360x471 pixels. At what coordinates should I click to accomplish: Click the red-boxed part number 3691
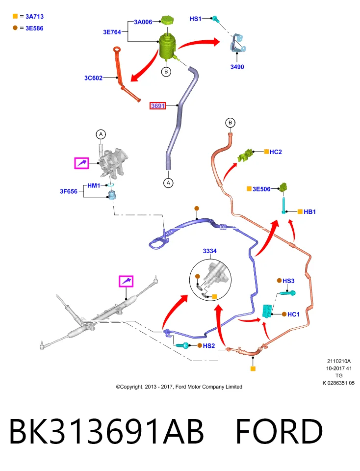(157, 106)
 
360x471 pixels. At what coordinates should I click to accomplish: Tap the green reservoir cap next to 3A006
(167, 20)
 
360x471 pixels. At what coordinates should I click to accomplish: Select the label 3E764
(112, 32)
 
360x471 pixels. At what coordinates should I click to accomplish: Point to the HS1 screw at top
(216, 19)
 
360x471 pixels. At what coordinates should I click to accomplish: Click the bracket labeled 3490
(238, 43)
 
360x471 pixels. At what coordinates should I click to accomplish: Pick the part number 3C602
(93, 78)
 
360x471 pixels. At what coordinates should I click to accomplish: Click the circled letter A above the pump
(101, 134)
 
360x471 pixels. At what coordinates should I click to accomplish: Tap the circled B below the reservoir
(166, 72)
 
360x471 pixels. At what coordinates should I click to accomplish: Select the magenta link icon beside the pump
(82, 163)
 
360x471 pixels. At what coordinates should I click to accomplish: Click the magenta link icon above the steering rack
(126, 281)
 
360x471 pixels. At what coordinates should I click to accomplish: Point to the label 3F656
(69, 191)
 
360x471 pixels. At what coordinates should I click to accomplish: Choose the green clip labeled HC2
(246, 155)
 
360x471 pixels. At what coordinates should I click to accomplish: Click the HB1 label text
(309, 212)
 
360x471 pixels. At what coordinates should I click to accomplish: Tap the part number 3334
(209, 251)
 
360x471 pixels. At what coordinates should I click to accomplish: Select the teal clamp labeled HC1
(267, 311)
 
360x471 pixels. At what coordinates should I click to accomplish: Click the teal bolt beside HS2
(182, 345)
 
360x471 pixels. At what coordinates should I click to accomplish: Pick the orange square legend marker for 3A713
(15, 16)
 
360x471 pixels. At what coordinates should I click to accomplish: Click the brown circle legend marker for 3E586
(15, 28)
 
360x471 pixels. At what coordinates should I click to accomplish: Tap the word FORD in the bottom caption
(279, 431)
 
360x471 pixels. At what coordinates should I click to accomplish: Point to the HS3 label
(288, 281)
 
